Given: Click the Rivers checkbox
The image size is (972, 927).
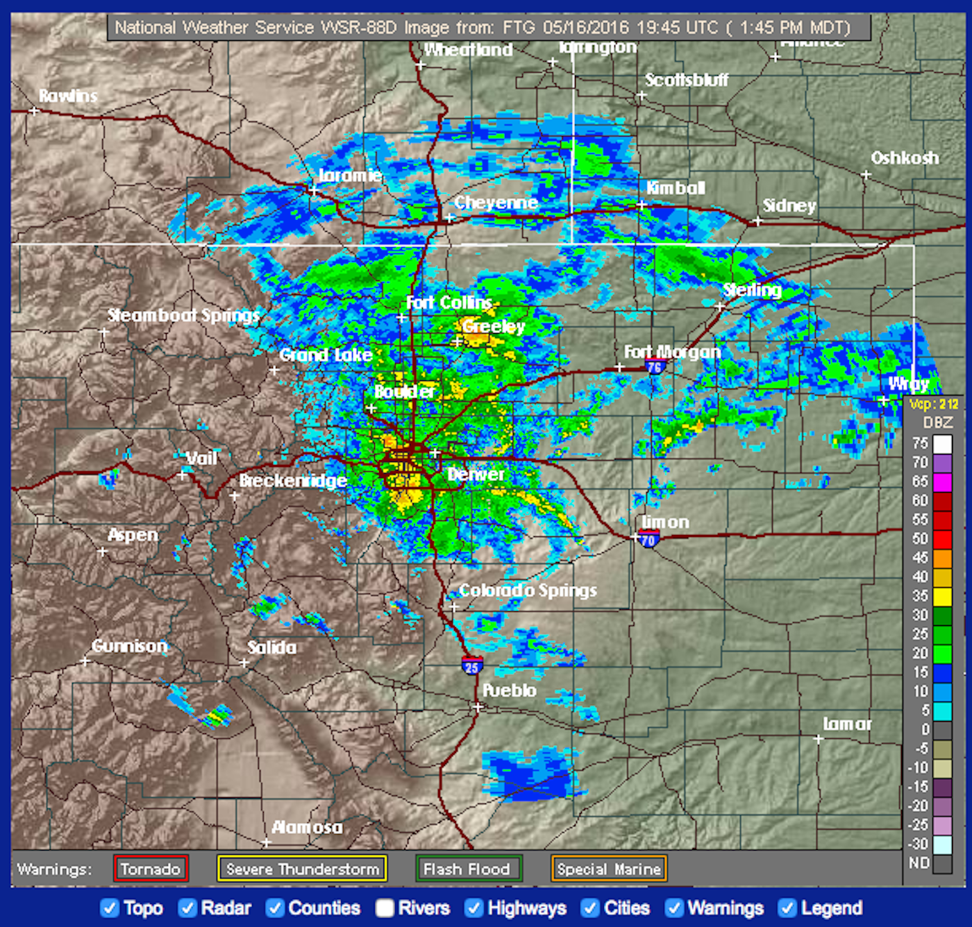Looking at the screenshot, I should (x=385, y=908).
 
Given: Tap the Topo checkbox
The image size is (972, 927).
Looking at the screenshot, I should (x=110, y=908).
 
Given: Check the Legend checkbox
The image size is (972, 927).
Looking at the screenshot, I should (x=787, y=908).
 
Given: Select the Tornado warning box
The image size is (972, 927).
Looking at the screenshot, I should (x=151, y=869).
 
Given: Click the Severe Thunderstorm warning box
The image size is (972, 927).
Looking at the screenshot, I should (x=302, y=869).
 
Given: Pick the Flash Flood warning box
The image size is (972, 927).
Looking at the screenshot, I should (x=467, y=869).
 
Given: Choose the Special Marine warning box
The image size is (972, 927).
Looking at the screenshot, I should (x=609, y=869).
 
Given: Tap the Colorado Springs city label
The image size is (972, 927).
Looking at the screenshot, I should (x=528, y=590).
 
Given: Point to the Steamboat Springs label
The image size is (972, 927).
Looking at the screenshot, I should (x=183, y=316).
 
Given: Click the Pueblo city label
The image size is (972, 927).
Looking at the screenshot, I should (x=510, y=690).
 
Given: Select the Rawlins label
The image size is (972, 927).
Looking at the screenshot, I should (x=68, y=96).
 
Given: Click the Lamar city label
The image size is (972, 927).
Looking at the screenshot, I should (x=847, y=724).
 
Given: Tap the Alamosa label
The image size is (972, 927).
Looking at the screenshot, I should (x=307, y=827).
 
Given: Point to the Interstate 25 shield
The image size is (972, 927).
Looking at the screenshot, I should (x=472, y=666).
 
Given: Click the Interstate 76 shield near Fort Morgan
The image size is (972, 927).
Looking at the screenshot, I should (x=655, y=366).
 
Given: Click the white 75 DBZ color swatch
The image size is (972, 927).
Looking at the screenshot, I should (x=942, y=443).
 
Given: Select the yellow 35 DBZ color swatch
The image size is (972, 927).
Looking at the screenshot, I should (x=942, y=596).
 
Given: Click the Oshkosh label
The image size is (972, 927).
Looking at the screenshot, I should (x=905, y=158).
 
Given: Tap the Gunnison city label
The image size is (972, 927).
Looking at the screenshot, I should (x=130, y=646).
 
